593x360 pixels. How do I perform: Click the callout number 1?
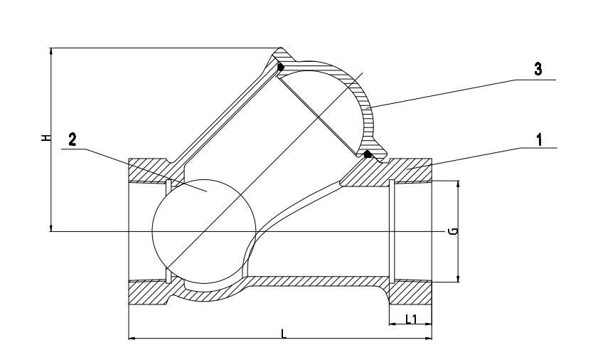540,139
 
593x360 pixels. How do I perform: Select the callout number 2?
72,139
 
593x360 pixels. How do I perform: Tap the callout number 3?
538,70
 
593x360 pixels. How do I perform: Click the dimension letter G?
453,231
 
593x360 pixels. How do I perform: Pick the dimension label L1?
411,319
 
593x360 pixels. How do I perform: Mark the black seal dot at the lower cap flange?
368,154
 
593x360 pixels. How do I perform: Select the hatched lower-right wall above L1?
411,292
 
